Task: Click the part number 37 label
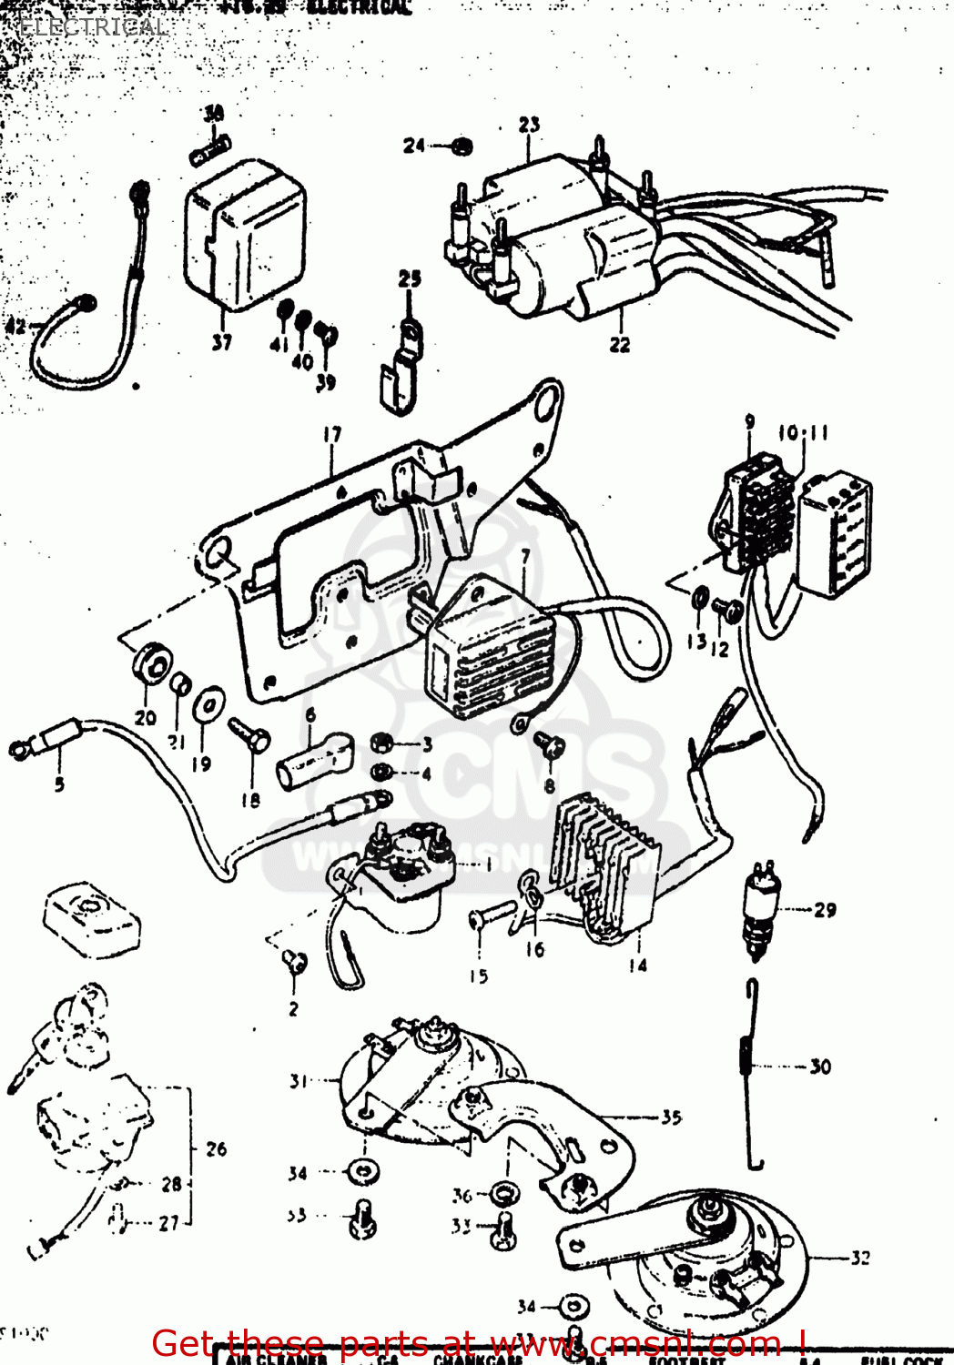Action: [x=221, y=342]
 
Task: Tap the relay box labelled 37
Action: [x=244, y=235]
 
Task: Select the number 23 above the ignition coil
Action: [x=529, y=125]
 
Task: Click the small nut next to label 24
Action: [x=462, y=146]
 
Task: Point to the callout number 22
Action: [x=619, y=344]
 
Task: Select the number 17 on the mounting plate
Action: [x=332, y=434]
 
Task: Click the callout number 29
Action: [x=825, y=909]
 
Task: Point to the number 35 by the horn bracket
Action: [x=671, y=1117]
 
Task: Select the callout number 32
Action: [x=860, y=1258]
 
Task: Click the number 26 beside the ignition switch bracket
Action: [x=216, y=1148]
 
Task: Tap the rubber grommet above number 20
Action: [x=150, y=662]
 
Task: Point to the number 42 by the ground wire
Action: [x=15, y=325]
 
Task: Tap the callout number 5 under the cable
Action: [x=59, y=784]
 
